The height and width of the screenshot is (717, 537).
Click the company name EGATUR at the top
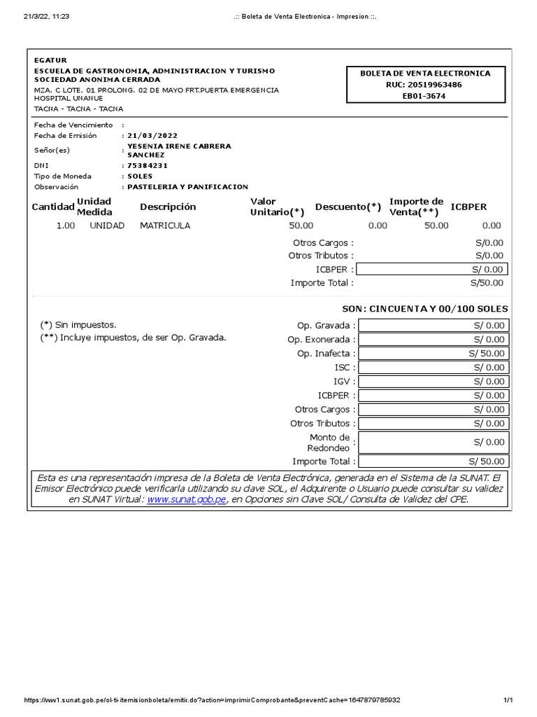point(51,60)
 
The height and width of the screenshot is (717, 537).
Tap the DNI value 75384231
point(148,166)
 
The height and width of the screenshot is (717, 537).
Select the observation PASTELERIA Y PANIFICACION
point(187,187)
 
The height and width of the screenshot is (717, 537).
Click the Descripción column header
point(168,207)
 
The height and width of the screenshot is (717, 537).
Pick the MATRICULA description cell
point(165,225)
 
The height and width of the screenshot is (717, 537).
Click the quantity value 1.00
point(65,225)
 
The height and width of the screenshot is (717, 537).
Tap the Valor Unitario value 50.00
point(301,225)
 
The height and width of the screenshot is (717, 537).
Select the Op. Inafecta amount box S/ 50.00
point(434,354)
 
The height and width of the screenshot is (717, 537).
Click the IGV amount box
point(434,382)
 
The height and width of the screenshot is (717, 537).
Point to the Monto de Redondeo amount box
point(434,442)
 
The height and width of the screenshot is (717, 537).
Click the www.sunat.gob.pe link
point(187,500)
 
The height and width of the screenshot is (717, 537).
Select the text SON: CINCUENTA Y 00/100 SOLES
point(424,309)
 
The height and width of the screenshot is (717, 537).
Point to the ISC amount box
point(434,368)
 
